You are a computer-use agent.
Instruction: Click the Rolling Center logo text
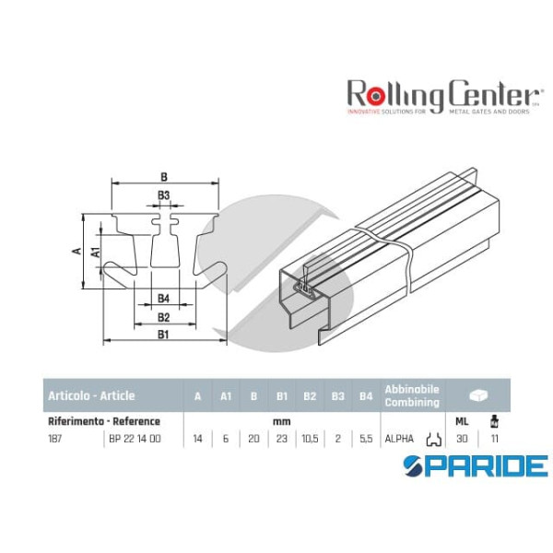pos(441,94)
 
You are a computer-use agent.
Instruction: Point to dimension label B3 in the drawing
pos(163,195)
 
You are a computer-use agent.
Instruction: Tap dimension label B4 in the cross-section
pos(163,298)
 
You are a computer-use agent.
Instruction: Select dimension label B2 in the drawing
pos(163,317)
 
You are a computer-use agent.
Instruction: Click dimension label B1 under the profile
pos(163,335)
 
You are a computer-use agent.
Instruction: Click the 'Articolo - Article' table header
pos(90,396)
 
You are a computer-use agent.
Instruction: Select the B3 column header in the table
pos(338,396)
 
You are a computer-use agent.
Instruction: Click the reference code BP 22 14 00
pos(135,439)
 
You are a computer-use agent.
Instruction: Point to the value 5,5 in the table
pos(366,439)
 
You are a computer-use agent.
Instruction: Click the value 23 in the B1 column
pos(282,439)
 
